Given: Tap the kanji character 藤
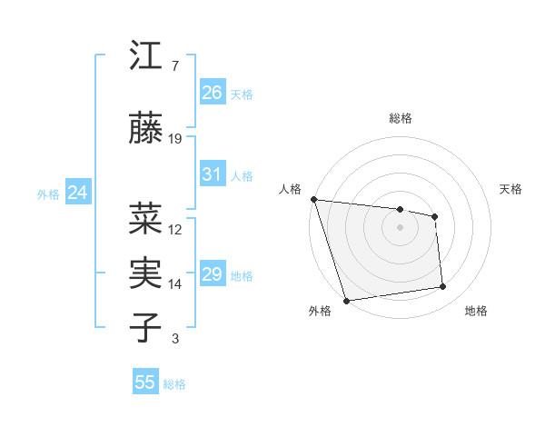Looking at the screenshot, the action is (x=146, y=130).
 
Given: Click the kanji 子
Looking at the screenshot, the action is (x=146, y=328).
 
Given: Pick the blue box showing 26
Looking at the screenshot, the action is (x=212, y=92).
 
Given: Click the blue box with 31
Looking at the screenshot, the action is (x=212, y=174).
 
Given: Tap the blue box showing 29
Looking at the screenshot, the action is (x=212, y=274).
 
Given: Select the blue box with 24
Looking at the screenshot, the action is (x=77, y=193).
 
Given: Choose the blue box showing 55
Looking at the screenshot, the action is (x=145, y=382).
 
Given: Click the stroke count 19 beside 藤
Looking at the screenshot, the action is (x=175, y=139).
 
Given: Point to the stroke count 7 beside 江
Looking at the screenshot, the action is (x=174, y=66).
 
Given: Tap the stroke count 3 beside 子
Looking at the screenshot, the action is (x=174, y=339).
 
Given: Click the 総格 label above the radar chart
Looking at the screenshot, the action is (x=401, y=118).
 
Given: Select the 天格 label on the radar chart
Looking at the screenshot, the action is (x=511, y=189).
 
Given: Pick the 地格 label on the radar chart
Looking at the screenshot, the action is (x=476, y=312).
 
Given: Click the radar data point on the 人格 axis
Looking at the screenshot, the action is (x=313, y=199).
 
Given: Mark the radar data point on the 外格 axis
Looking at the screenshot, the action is (x=346, y=300).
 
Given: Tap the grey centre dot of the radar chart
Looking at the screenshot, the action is (x=401, y=227).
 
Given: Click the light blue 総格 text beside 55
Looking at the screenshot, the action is (x=174, y=384).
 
